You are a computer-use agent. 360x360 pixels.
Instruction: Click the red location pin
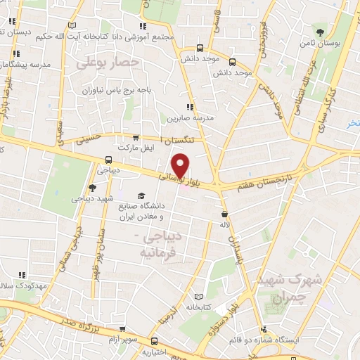click(x=181, y=165)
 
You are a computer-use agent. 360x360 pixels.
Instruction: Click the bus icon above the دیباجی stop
click(x=109, y=159)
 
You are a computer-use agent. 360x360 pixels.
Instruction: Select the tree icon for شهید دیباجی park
click(x=92, y=188)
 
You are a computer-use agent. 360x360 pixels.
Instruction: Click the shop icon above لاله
click(x=224, y=214)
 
